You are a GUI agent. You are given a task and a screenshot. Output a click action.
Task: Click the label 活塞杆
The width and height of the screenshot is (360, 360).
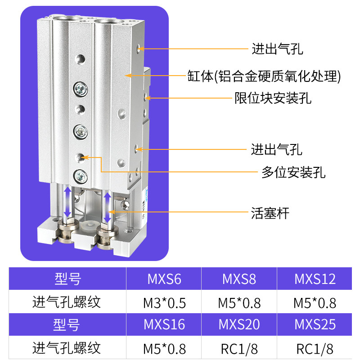tap(270, 212)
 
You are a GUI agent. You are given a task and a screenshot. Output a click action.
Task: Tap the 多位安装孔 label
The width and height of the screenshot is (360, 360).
tap(293, 172)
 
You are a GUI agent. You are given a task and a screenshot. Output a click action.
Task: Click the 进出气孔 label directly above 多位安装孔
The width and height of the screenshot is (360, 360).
tap(276, 149)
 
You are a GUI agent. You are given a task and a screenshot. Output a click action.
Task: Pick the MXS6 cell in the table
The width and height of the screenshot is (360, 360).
tap(164, 279)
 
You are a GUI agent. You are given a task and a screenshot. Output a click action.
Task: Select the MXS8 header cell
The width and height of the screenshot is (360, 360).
tap(239, 279)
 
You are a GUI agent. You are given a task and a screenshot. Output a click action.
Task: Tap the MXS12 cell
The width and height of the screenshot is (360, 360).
tap(315, 279)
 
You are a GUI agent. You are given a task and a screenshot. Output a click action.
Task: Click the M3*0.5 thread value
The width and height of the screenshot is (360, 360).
tap(164, 302)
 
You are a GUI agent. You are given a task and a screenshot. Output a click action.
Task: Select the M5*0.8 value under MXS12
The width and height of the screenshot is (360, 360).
tap(315, 302)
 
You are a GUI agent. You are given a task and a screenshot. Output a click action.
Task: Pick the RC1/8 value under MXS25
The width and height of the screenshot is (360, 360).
tap(315, 348)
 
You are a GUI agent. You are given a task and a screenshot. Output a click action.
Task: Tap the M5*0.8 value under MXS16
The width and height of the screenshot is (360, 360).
tap(164, 348)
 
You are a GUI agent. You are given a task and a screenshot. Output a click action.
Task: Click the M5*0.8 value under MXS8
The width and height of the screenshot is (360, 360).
tap(239, 302)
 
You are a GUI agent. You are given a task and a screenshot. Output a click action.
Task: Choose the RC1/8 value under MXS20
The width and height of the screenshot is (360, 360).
tap(239, 348)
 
